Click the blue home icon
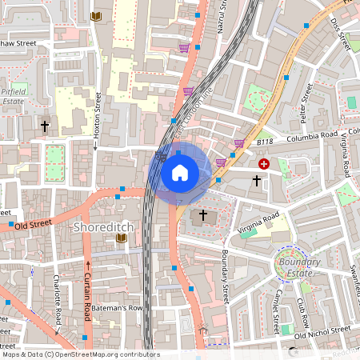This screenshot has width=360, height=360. coord(180,172)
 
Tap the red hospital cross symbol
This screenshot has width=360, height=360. coord(264,163)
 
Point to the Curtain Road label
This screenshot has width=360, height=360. coord(87,290)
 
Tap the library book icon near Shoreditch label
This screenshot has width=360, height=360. coord(122,238)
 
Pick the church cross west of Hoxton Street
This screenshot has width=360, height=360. coord(45,126)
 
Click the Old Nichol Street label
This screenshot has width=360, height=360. coord(322,329)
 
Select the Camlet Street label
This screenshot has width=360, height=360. coord(276,312)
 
